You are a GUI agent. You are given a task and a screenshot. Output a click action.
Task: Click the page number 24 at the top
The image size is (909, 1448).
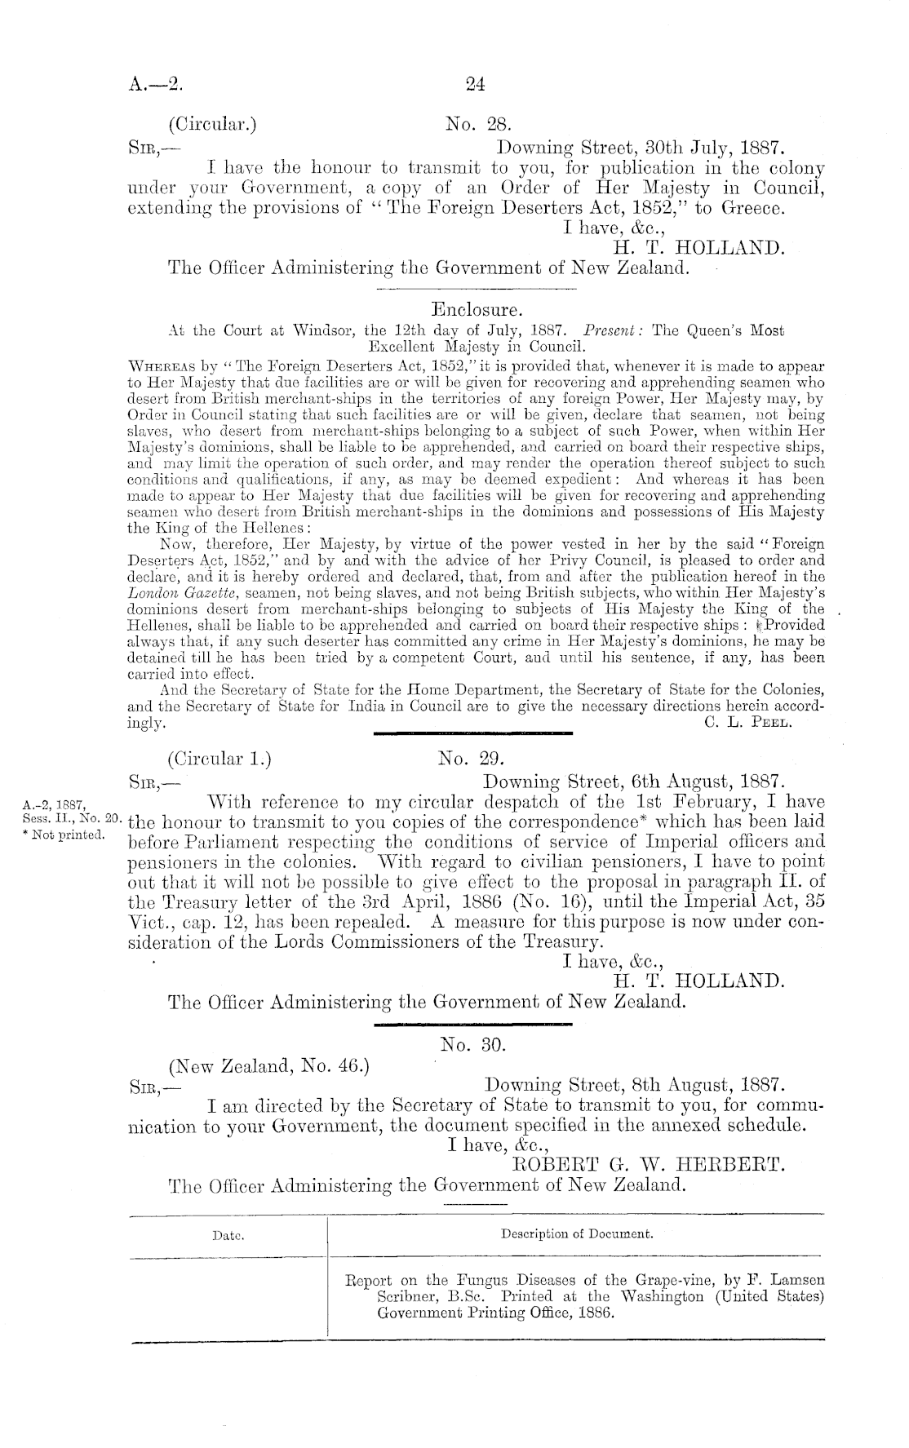pos(475,82)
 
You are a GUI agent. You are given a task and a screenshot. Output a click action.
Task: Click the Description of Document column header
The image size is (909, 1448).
pos(577,1234)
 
